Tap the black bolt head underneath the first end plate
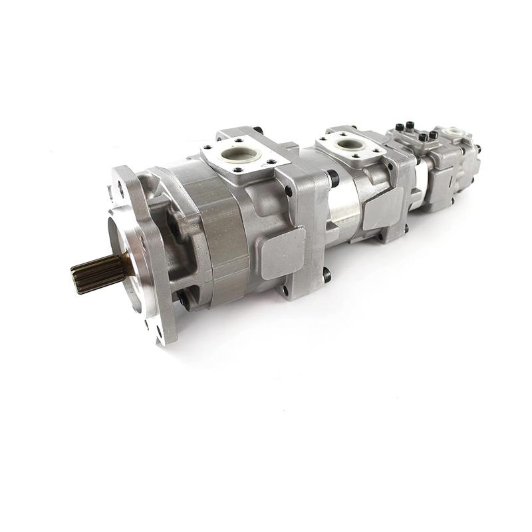pyautogui.click(x=325, y=273)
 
